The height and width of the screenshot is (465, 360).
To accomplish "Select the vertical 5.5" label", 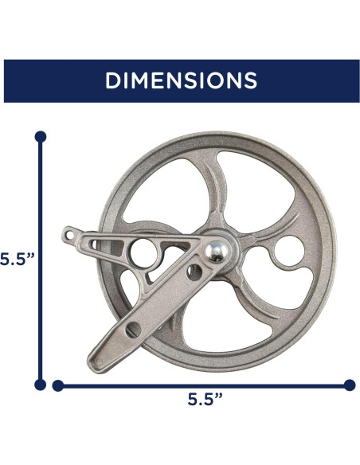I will click(x=14, y=260).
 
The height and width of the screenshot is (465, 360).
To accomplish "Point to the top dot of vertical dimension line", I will click(x=41, y=136).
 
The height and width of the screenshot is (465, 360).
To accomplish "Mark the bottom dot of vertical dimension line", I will click(x=41, y=385).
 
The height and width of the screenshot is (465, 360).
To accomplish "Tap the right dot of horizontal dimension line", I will click(x=349, y=385).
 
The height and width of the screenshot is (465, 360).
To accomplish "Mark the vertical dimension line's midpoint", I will click(x=41, y=260).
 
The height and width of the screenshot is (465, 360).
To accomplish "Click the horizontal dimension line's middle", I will click(x=203, y=385).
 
